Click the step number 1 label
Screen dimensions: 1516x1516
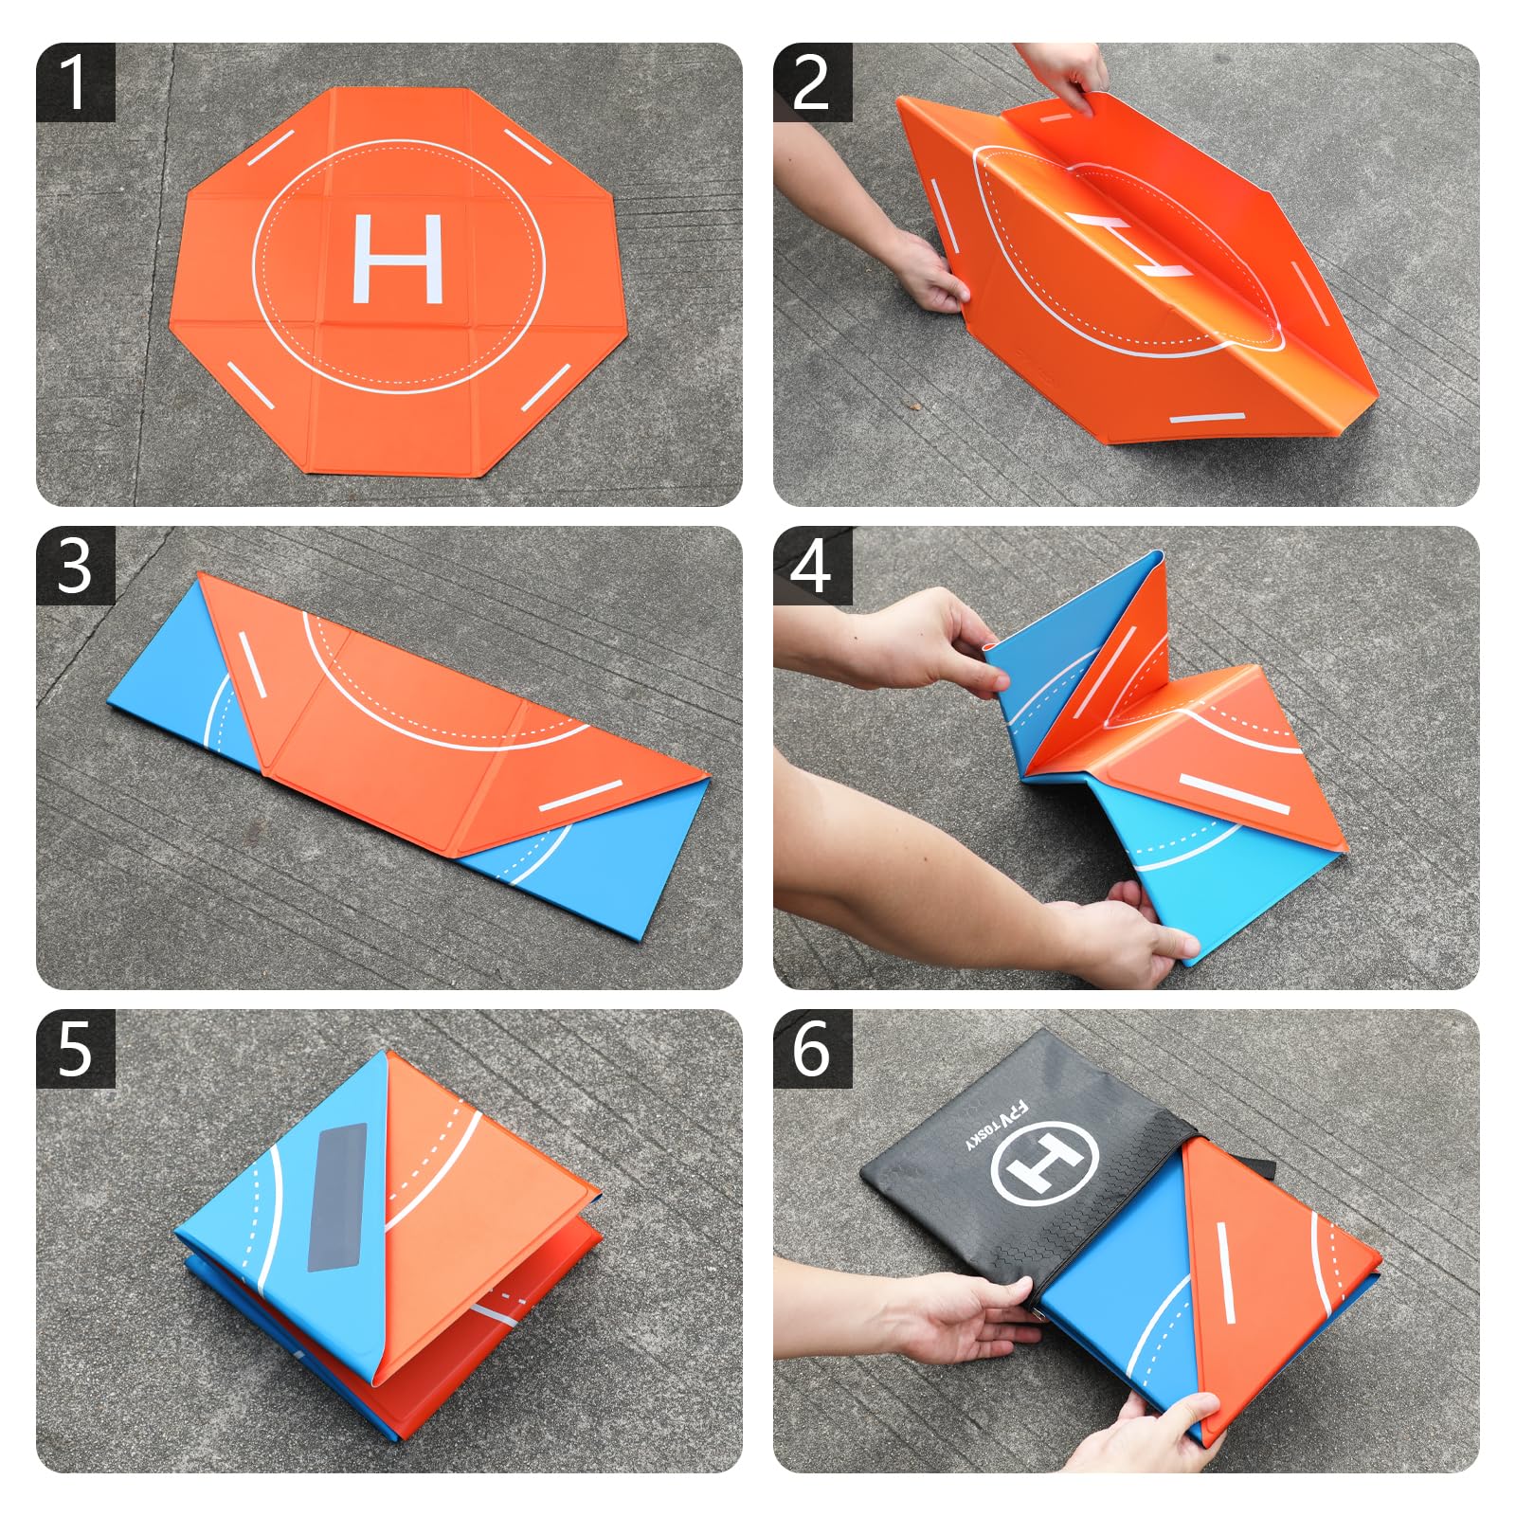point(75,82)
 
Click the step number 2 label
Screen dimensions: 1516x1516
point(812,82)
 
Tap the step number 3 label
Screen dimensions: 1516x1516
point(75,567)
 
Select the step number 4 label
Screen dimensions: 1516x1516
point(812,567)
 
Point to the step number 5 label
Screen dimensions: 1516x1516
point(75,1049)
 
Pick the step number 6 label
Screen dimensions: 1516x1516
point(812,1049)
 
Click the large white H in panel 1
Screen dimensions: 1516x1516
point(398,259)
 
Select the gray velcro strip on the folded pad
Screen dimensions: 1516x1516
point(337,1197)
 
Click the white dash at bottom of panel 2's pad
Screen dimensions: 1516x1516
point(1207,417)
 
